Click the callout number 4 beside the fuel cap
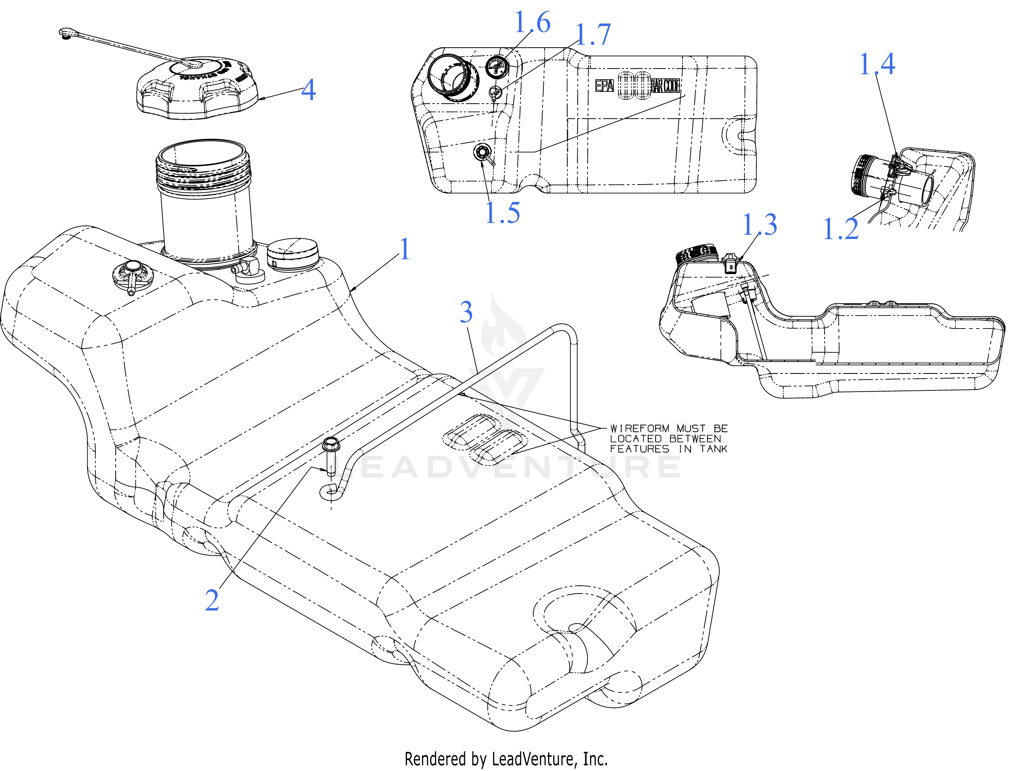308,90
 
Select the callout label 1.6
532,23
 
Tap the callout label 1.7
593,35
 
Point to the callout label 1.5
502,213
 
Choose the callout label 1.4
877,64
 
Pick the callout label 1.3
759,225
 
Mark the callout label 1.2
841,229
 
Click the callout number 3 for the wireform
466,312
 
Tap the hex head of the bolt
331,444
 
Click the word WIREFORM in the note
640,429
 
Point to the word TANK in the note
713,449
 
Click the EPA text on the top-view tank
604,86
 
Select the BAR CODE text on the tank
665,86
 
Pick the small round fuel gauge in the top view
497,68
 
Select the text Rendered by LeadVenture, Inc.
506,759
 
